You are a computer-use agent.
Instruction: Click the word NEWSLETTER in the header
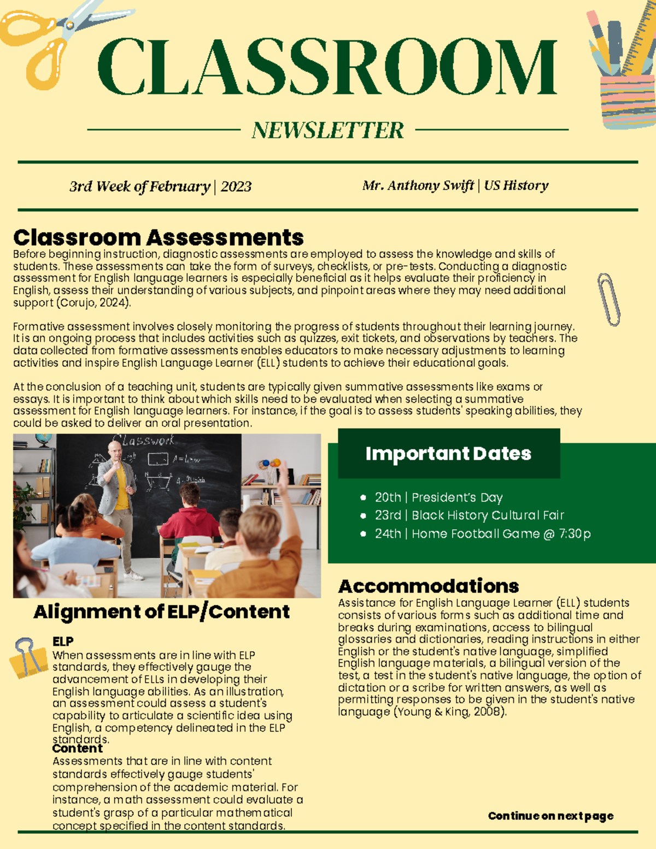[x=327, y=130]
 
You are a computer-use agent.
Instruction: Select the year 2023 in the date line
[x=236, y=186]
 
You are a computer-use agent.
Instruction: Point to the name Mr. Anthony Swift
[x=418, y=185]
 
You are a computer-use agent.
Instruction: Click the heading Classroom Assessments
[x=158, y=238]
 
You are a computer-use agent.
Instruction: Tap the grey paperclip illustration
[x=609, y=299]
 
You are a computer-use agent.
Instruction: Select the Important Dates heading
[x=448, y=453]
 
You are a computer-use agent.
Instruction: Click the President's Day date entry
[x=438, y=497]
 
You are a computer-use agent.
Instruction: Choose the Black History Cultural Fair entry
[x=469, y=516]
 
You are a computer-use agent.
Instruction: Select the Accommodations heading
[x=428, y=586]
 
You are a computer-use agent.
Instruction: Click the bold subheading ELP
[x=63, y=641]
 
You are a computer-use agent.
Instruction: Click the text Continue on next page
[x=550, y=816]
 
